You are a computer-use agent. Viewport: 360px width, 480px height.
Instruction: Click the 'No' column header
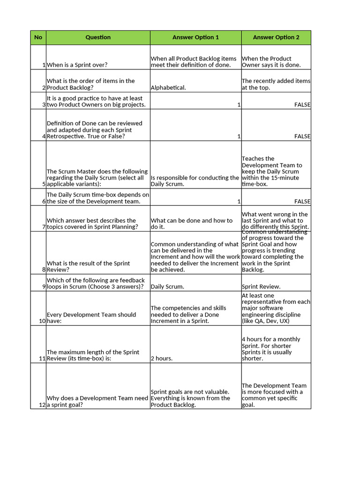pos(38,37)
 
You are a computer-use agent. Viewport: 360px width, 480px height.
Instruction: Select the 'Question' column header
pos(98,37)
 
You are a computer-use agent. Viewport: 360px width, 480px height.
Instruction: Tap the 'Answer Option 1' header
pos(195,37)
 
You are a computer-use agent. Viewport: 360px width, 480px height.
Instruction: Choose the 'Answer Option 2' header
pos(276,37)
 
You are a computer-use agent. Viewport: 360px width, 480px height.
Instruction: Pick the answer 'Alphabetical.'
pos(168,88)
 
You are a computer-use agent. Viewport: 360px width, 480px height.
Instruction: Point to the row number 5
pos(43,184)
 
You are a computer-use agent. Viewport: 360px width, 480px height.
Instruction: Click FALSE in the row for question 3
pos(302,105)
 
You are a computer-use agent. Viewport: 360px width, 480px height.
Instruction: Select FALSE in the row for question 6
pos(302,202)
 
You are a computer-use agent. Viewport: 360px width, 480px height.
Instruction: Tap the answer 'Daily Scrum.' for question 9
pos(167,287)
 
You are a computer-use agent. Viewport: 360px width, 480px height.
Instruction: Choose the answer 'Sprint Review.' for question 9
pos(261,287)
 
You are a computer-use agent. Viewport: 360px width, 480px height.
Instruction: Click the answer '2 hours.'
pos(161,359)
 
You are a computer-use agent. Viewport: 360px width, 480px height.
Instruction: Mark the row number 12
pos(42,405)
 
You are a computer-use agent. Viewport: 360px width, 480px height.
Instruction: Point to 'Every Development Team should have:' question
pos(91,318)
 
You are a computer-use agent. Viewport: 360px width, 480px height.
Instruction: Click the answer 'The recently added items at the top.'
pos(276,84)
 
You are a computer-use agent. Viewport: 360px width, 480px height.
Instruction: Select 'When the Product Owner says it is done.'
pos(271,62)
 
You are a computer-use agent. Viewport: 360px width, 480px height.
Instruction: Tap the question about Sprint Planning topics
pos(92,224)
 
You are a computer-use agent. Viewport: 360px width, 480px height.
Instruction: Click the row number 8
pos(43,270)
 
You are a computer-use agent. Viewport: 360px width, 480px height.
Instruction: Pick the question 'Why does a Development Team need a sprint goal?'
pos(97,402)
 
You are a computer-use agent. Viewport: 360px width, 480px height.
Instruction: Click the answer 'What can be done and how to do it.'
pos(191,224)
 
